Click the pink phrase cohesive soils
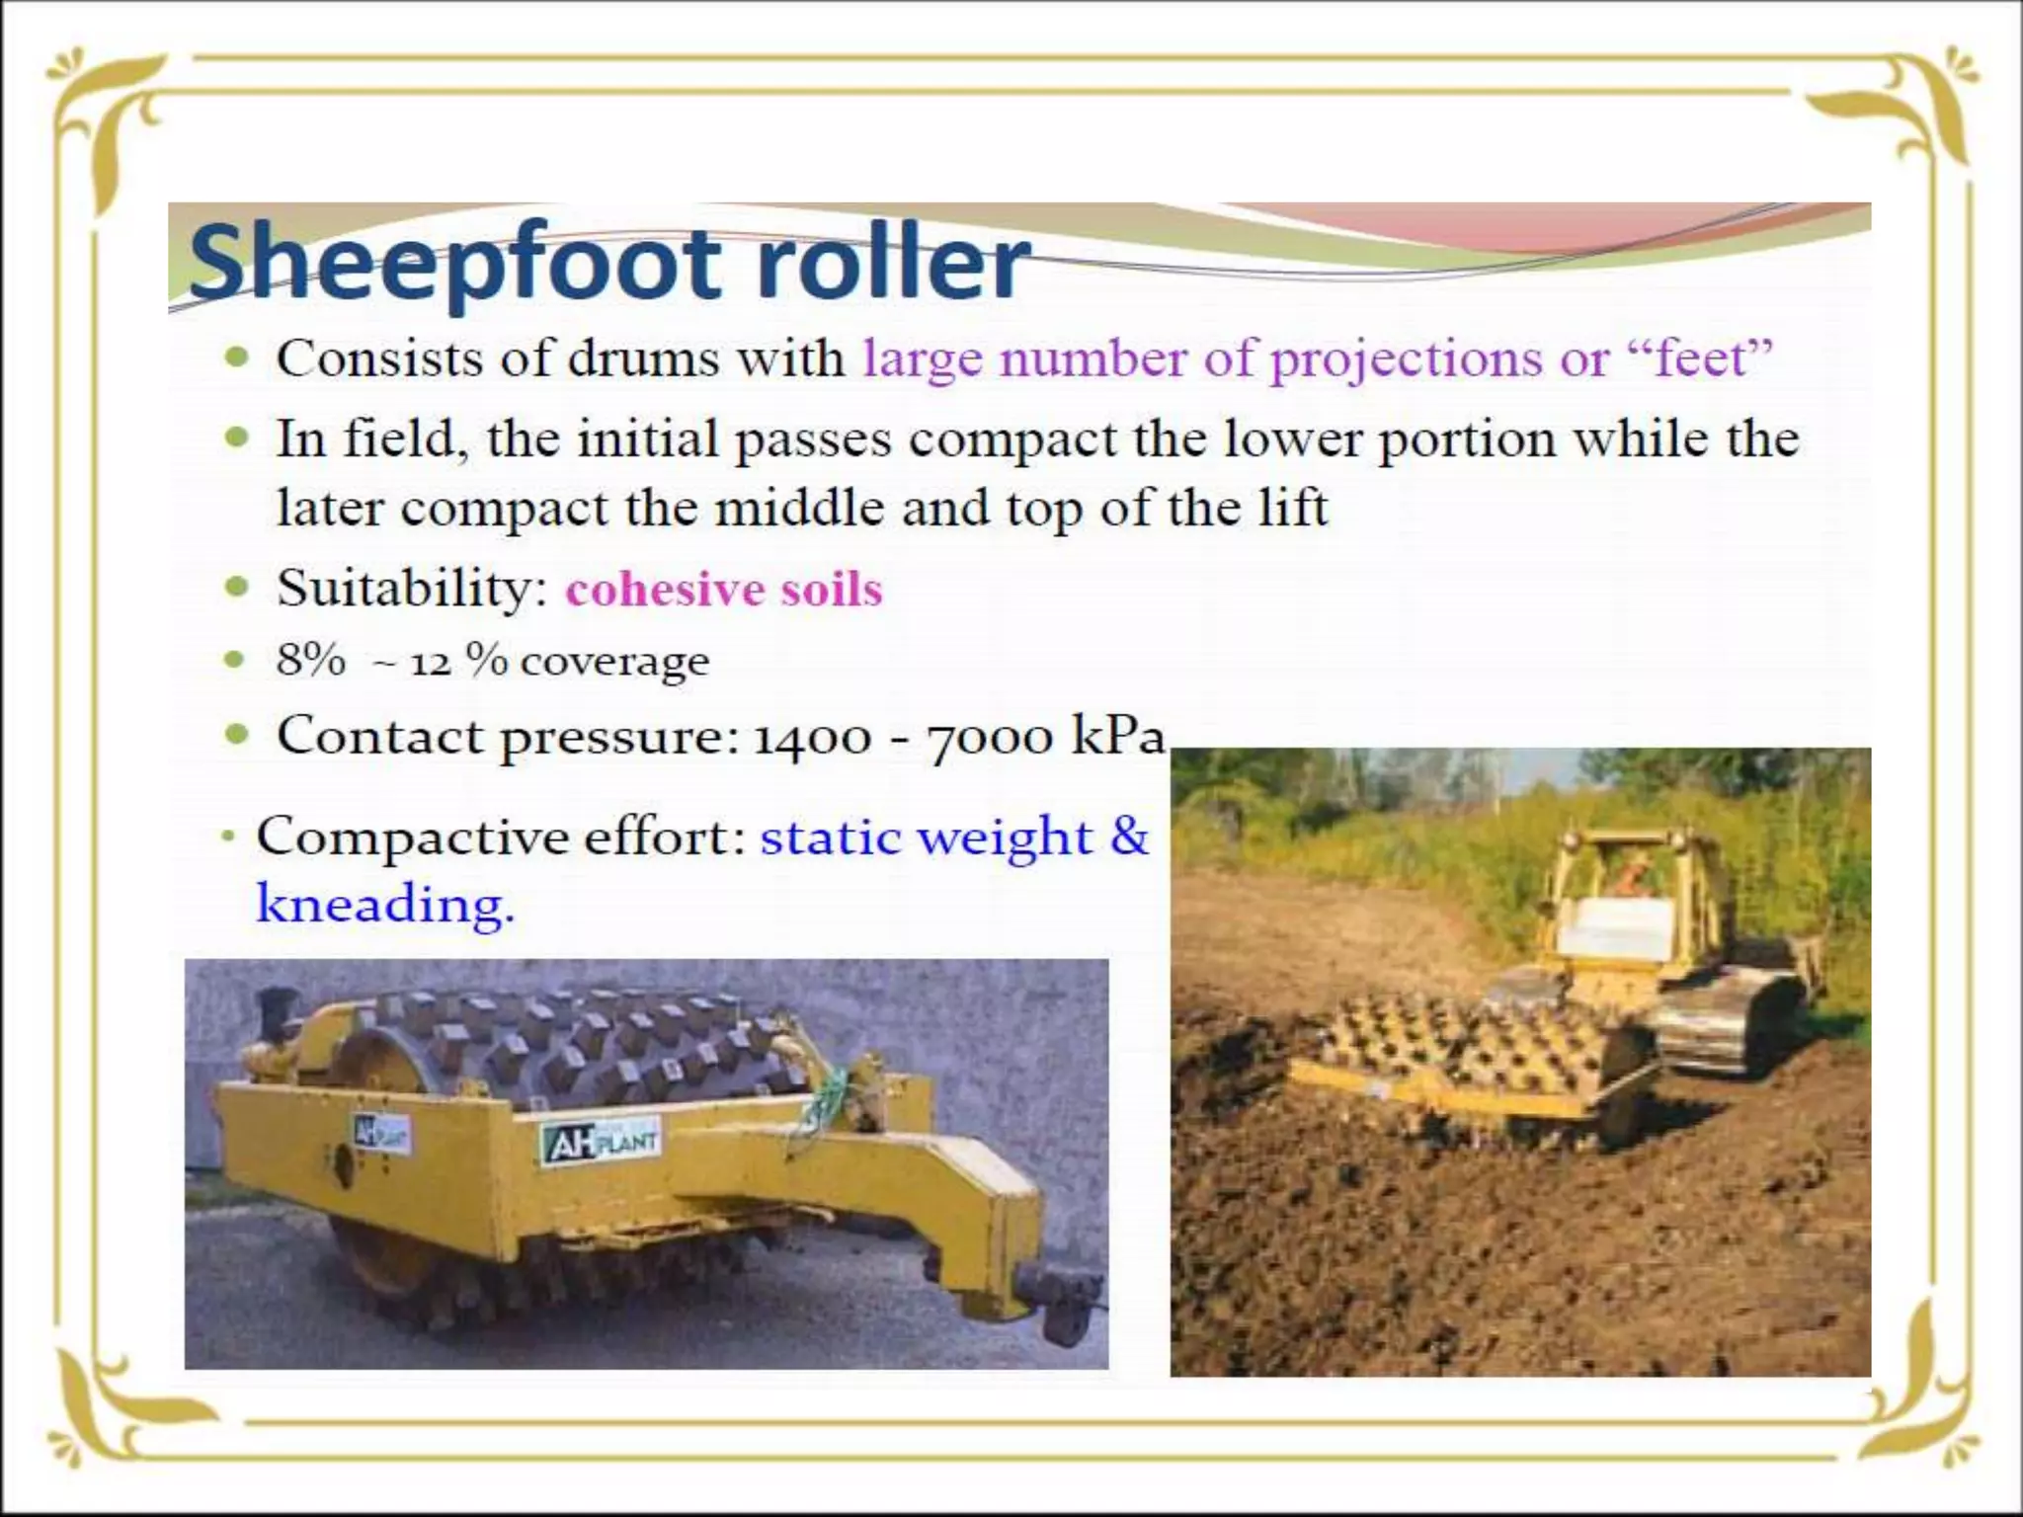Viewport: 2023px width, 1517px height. click(x=723, y=590)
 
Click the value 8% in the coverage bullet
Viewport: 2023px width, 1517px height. click(x=310, y=660)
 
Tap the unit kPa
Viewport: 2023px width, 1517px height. click(x=1117, y=736)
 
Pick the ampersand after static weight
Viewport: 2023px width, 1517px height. click(x=1129, y=837)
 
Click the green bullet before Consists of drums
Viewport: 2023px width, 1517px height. click(x=235, y=358)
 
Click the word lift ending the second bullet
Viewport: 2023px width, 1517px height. click(x=1293, y=509)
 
